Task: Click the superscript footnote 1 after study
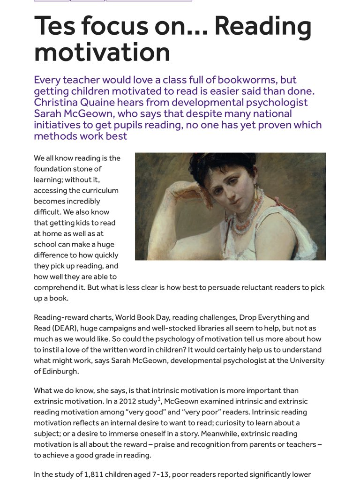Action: pos(159,399)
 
